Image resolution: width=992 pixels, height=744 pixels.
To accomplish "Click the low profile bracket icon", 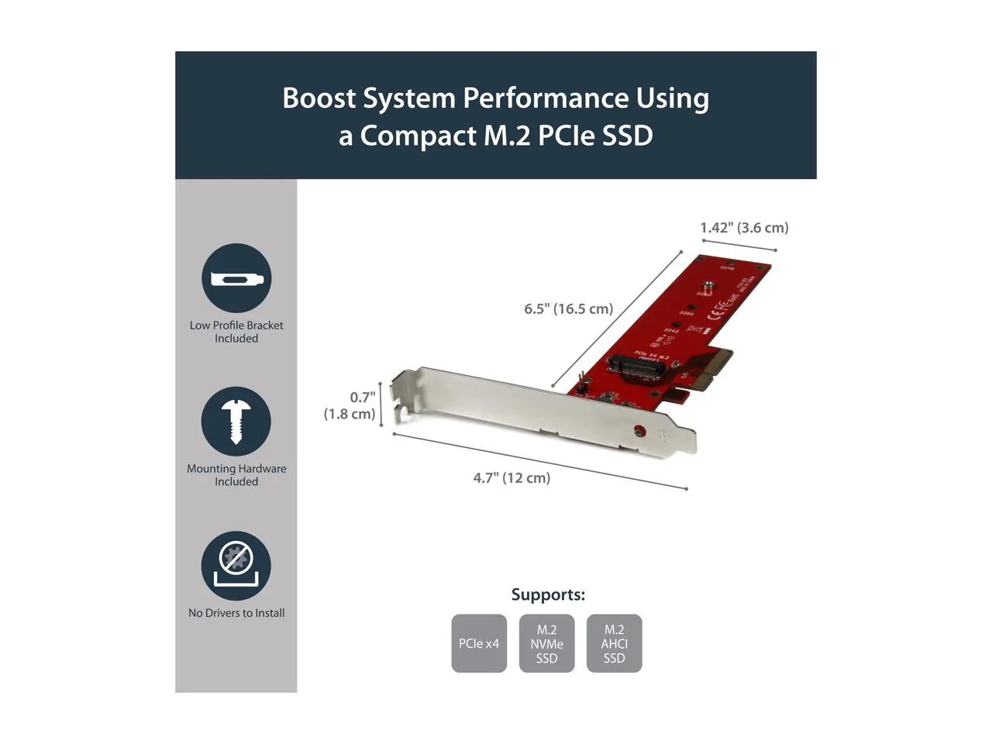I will tap(236, 278).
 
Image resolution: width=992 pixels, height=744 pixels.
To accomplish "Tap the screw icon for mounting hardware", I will tap(236, 421).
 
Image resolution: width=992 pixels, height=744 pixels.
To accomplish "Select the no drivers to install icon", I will tap(236, 566).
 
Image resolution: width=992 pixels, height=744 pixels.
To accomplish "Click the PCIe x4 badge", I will tap(479, 643).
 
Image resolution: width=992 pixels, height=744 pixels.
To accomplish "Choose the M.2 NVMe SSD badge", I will tap(546, 643).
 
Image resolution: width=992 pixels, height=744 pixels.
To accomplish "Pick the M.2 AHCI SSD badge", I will tap(614, 643).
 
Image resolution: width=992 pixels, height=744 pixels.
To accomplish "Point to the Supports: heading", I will tap(548, 594).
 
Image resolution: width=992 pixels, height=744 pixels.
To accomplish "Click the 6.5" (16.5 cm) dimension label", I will tap(568, 308).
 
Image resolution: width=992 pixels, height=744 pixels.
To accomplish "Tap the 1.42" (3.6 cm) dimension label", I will tap(744, 227).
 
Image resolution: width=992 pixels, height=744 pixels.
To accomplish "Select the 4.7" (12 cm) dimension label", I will tap(511, 477).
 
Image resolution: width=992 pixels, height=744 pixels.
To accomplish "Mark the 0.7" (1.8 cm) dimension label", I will tap(350, 405).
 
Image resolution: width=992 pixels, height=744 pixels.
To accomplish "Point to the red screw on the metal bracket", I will tap(639, 430).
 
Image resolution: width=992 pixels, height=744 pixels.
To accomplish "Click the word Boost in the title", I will tap(319, 98).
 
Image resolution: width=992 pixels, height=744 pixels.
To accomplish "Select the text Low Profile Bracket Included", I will tap(236, 332).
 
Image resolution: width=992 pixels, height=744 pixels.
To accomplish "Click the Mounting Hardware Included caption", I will tap(236, 474).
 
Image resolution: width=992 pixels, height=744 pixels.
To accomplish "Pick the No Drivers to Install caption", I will tap(236, 612).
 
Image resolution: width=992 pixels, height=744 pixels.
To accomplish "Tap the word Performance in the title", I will tap(546, 98).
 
